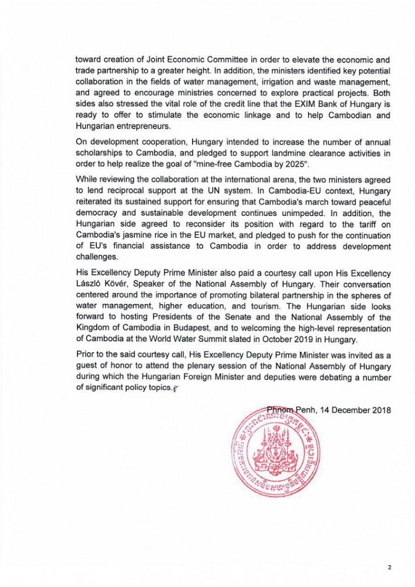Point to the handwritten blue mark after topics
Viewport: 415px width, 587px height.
tap(174, 389)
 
